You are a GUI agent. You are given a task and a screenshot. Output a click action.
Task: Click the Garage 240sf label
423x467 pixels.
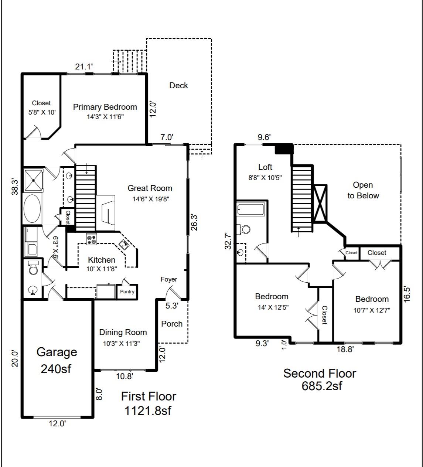coord(57,360)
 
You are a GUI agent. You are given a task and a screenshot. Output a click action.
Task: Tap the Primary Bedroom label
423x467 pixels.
coord(105,107)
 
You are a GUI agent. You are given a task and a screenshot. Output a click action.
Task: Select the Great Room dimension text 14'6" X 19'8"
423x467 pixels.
coord(151,199)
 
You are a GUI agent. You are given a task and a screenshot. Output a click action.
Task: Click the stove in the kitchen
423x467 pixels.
coord(92,239)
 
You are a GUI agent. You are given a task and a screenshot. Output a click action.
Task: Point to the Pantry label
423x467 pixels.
coord(127,292)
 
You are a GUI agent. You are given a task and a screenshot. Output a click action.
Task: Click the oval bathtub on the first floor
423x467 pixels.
coord(33,209)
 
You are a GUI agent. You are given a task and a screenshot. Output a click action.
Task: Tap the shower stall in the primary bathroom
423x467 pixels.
coord(33,180)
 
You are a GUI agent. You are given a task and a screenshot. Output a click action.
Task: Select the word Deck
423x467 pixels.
coord(178,85)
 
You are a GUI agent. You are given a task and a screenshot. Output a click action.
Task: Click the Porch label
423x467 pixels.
coord(172,324)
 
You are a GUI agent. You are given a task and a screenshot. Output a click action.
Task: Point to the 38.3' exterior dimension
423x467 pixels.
coord(15,187)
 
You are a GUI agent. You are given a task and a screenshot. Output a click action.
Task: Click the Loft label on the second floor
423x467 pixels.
coord(265,167)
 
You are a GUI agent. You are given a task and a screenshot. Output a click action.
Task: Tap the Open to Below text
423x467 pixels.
coord(363,190)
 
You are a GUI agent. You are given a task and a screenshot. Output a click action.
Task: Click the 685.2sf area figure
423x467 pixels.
coord(322,386)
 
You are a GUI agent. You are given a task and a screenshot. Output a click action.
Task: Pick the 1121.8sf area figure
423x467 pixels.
coord(148,410)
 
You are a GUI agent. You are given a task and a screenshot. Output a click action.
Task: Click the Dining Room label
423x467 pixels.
coord(123,332)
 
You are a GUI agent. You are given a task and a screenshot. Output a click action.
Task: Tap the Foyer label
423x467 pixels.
coord(169,279)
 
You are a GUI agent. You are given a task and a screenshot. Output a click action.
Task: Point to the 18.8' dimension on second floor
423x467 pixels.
coord(345,349)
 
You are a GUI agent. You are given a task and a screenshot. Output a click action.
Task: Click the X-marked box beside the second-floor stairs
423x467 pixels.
coord(320,203)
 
